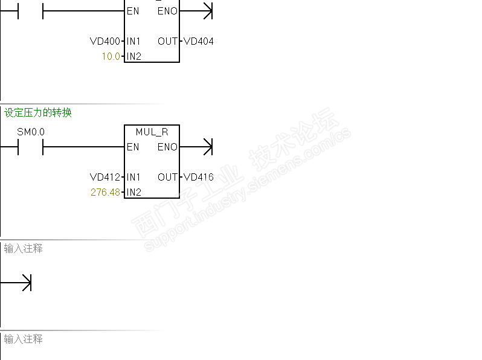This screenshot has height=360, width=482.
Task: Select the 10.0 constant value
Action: (111, 57)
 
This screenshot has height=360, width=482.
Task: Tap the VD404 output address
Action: (199, 42)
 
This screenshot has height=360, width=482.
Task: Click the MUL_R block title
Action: (152, 132)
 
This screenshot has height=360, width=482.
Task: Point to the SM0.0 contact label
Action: (31, 132)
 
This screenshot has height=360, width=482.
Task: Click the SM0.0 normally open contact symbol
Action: (31, 147)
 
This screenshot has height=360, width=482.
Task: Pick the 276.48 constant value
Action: (106, 193)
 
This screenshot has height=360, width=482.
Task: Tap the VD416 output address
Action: (199, 178)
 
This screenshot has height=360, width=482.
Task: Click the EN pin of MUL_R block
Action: (133, 147)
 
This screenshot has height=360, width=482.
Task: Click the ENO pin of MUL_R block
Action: (167, 147)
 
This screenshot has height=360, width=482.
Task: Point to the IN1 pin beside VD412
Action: (133, 178)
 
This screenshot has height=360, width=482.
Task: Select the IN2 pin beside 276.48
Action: (133, 193)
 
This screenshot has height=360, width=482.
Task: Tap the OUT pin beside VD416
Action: (167, 178)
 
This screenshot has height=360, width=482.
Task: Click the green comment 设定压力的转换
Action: (38, 113)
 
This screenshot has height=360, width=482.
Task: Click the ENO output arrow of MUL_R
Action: (207, 147)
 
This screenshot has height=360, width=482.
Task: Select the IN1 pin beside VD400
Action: (133, 42)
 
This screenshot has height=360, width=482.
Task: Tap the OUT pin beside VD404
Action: (167, 42)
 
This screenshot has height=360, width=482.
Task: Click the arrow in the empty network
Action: (25, 283)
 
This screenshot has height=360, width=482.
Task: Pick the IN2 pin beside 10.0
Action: (133, 57)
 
